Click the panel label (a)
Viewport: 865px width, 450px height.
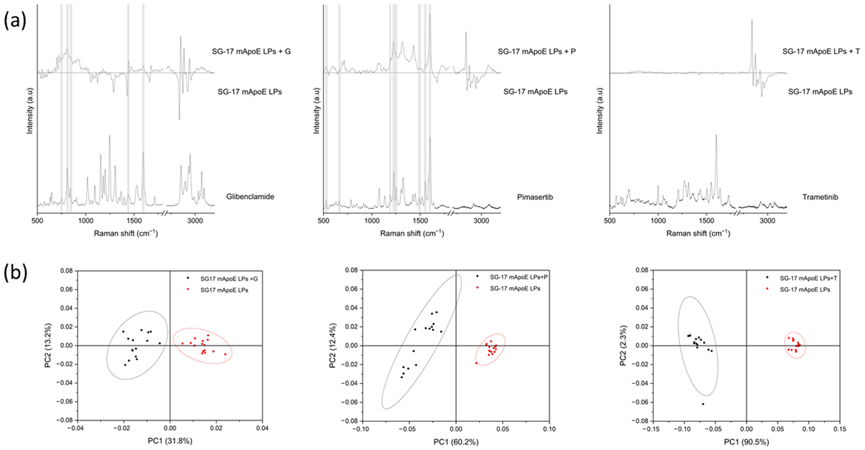pos(15,21)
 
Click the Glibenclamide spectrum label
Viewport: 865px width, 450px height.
pos(250,197)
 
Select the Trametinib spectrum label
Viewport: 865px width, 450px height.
pos(820,197)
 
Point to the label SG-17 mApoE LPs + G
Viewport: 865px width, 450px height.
pos(251,51)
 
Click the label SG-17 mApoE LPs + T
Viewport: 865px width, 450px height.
pos(821,51)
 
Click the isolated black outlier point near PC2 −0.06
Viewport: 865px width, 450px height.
pos(703,404)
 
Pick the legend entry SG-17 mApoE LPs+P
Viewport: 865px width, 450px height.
pos(518,277)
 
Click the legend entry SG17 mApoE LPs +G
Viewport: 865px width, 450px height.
pos(229,279)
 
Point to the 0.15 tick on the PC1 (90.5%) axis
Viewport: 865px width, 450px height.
pos(840,429)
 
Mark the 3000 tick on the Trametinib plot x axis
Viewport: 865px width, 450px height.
pos(767,221)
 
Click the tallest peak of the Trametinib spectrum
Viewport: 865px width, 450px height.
pos(716,135)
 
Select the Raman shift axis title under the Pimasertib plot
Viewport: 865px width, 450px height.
pos(412,233)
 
